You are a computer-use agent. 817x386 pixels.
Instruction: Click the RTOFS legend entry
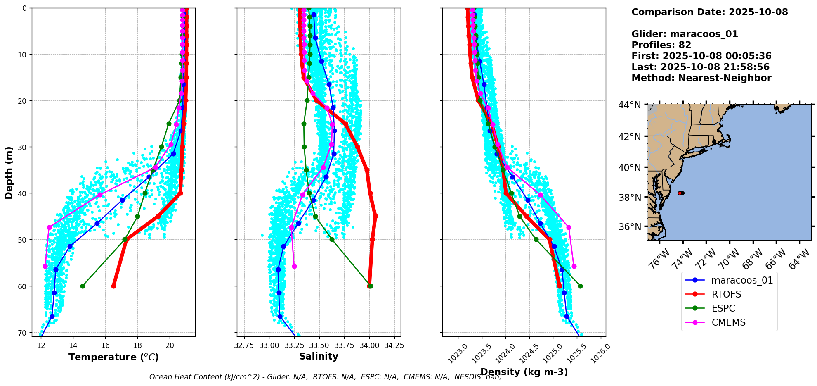click(726, 294)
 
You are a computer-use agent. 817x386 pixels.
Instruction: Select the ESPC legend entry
click(723, 308)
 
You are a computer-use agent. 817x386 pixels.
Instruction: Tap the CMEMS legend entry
click(728, 322)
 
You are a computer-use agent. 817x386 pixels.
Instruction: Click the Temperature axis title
click(113, 357)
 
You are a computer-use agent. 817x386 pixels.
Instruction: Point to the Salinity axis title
click(319, 356)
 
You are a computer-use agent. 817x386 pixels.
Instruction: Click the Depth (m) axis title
click(9, 172)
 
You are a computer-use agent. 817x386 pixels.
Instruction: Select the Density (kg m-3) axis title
click(524, 372)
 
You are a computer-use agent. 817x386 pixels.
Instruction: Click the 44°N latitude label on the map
click(629, 105)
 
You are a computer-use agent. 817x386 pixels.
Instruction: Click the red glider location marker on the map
click(681, 193)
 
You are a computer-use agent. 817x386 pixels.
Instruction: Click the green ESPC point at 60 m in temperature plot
click(83, 286)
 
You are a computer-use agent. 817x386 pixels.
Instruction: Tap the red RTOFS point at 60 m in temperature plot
click(113, 286)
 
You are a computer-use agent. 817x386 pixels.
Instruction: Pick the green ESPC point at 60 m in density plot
click(580, 286)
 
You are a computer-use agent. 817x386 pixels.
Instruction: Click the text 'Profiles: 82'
click(661, 45)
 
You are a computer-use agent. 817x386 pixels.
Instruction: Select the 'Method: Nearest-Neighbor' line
click(701, 78)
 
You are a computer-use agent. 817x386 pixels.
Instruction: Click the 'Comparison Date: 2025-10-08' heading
click(709, 12)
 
